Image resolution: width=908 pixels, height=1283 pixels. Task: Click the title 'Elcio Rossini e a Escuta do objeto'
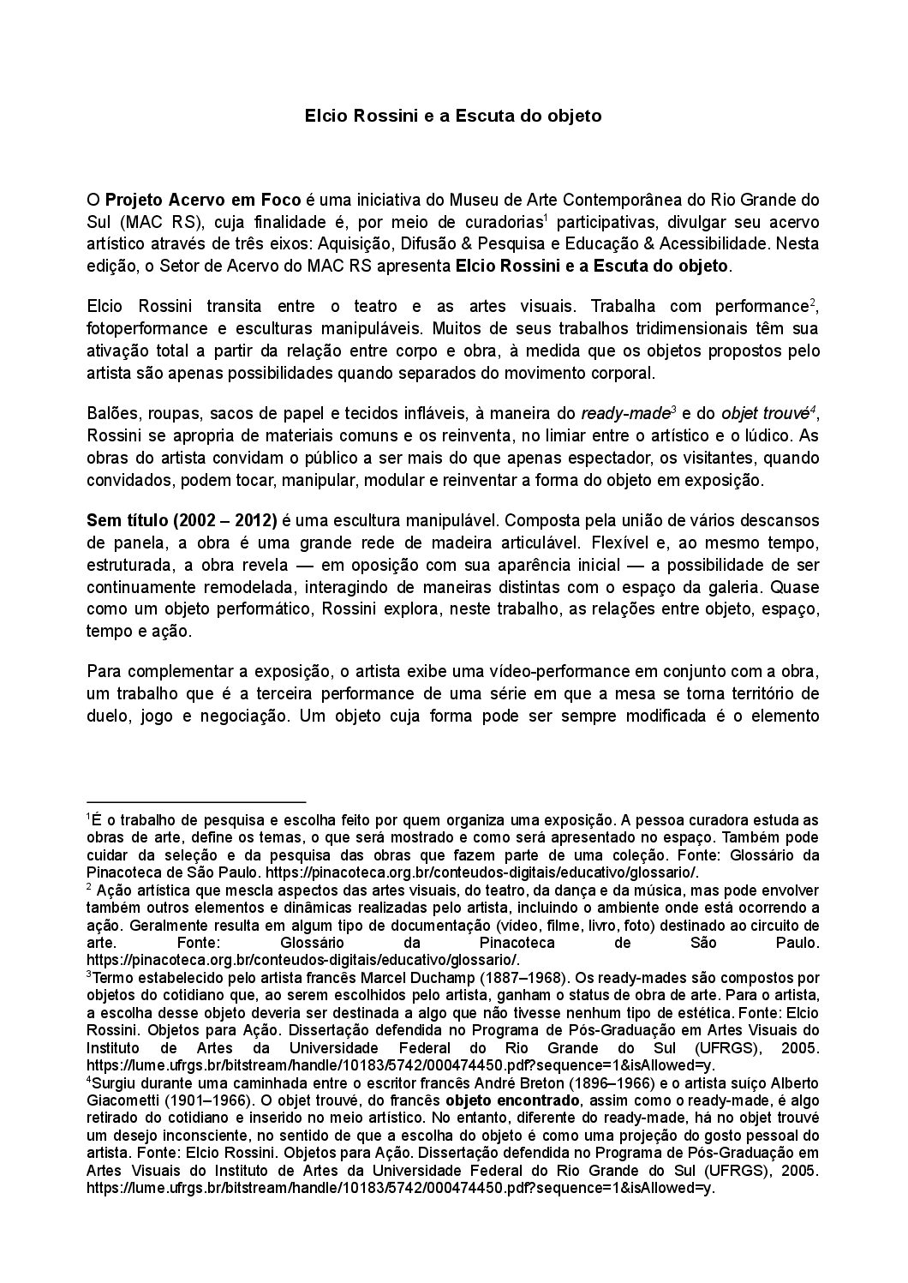coord(453,115)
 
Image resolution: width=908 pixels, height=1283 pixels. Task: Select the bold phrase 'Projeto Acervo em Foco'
coord(203,201)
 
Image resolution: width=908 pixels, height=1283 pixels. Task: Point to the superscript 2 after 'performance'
coord(812,303)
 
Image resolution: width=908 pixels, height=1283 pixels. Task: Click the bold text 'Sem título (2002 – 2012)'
coord(182,520)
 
